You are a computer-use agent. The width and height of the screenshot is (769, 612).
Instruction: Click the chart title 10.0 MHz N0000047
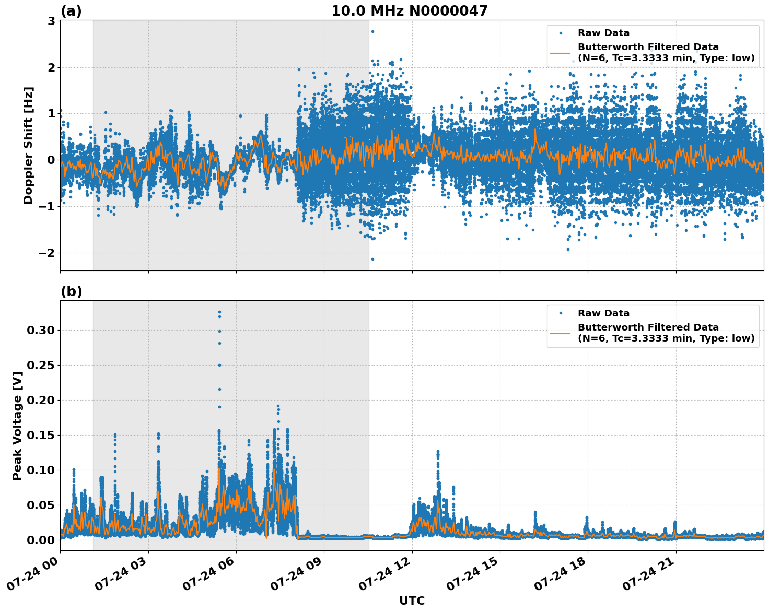pos(409,11)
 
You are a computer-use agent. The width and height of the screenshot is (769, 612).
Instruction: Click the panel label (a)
pos(71,11)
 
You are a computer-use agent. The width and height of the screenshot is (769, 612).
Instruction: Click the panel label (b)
pos(71,291)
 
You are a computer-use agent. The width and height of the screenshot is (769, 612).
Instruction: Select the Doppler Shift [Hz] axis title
pos(28,145)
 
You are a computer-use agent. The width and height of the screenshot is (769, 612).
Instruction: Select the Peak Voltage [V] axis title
pos(17,426)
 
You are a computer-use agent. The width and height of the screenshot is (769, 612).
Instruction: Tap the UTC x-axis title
pos(412,601)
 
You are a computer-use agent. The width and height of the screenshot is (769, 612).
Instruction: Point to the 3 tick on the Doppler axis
pos(51,21)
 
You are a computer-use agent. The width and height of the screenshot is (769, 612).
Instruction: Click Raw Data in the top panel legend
pos(603,33)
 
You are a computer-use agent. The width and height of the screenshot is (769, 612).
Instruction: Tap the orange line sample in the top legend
pos(560,52)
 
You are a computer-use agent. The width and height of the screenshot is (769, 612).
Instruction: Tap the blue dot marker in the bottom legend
pos(560,313)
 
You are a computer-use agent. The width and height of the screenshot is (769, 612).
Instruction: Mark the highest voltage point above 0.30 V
pos(219,312)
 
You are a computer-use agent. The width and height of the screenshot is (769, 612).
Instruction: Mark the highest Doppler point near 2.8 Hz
pos(372,31)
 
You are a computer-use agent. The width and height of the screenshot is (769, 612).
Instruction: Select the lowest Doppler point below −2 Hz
pos(372,259)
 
